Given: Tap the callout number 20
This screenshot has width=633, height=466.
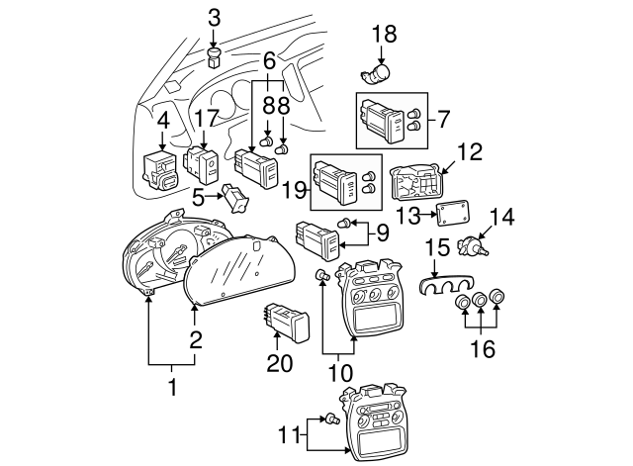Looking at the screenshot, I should (x=281, y=363).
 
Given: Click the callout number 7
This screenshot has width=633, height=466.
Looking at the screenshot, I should (x=444, y=120).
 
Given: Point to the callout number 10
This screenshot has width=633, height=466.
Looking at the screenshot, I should (x=340, y=375).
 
